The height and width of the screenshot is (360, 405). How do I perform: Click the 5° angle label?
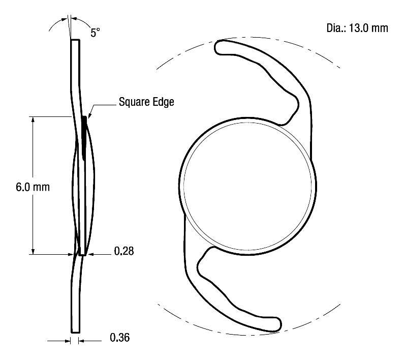point(95,33)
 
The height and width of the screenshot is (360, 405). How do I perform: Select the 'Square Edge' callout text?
point(146,102)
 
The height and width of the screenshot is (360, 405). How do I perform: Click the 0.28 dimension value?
point(124,251)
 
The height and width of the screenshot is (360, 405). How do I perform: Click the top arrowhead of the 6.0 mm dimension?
point(33,121)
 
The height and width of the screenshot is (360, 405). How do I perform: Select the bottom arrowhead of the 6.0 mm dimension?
point(33,251)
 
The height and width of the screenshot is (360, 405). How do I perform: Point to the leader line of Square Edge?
point(102,105)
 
